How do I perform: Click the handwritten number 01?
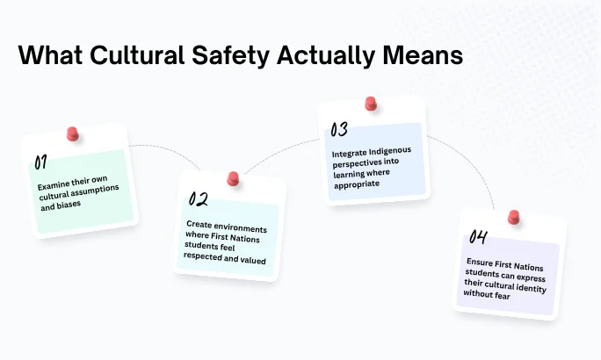point(40,162)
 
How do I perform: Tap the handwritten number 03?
point(340,130)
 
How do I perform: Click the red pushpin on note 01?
point(73,135)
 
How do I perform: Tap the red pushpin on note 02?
point(233,178)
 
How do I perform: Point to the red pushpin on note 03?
point(370,104)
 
